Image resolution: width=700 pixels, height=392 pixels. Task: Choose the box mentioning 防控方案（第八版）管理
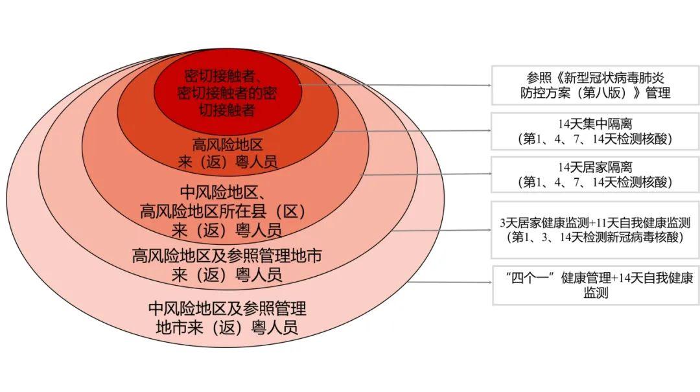pyautogui.click(x=595, y=85)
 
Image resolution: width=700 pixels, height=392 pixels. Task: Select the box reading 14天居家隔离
pyautogui.click(x=595, y=174)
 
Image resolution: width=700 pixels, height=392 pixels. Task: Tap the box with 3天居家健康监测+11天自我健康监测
pyautogui.click(x=595, y=230)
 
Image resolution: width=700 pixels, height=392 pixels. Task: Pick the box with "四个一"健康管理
pyautogui.click(x=595, y=285)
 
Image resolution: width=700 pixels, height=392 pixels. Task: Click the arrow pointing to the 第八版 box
pyautogui.click(x=395, y=84)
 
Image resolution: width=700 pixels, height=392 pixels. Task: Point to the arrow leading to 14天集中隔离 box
pyautogui.click(x=412, y=131)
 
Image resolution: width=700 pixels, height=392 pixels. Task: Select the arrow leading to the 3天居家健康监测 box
pyautogui.click(x=441, y=229)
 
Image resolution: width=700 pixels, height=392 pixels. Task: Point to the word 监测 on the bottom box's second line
pyautogui.click(x=595, y=293)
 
